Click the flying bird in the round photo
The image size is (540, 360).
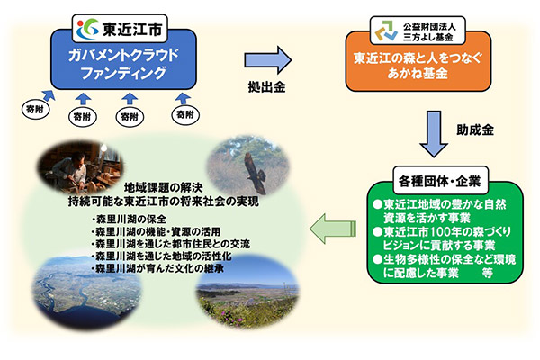(x=249, y=165)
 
